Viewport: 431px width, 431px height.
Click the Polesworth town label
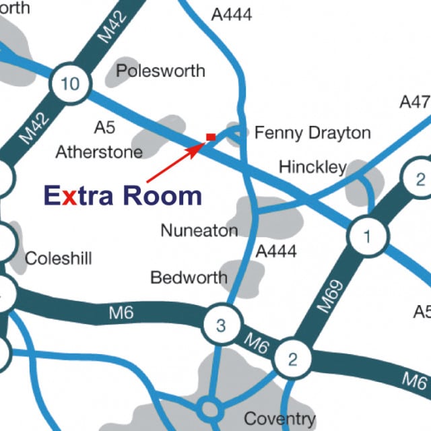coord(160,71)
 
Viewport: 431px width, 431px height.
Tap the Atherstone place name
coord(99,152)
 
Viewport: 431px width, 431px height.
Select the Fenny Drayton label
coord(312,133)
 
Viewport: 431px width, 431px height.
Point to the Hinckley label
coord(312,166)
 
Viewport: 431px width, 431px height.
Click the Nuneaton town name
coord(199,230)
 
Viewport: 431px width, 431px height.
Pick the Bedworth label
coord(189,277)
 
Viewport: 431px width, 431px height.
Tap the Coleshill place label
coord(58,259)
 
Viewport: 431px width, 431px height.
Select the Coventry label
coord(279,419)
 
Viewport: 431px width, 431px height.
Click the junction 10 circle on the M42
coord(69,84)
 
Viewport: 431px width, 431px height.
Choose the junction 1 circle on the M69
coord(367,236)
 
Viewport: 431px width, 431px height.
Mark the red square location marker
coord(211,137)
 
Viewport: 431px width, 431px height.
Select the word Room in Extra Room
coord(162,195)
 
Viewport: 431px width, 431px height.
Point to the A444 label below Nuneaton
coord(276,251)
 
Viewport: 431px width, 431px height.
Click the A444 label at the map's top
coord(231,13)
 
